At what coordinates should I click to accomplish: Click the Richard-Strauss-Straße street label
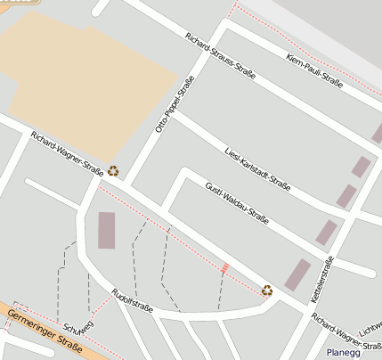point(220,56)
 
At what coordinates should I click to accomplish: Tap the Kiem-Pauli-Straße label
point(315,71)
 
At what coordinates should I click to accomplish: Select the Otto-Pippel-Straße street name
point(175,105)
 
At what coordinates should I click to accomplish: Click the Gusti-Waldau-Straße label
point(237,204)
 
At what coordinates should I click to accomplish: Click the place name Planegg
point(344,352)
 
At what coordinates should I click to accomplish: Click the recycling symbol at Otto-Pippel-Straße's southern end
point(113,170)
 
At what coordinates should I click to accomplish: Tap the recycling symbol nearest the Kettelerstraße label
point(267,290)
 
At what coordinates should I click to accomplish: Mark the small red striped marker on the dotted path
point(224,267)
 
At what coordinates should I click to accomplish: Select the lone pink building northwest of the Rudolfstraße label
point(107,230)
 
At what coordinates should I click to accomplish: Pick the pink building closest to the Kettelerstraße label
point(297,274)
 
